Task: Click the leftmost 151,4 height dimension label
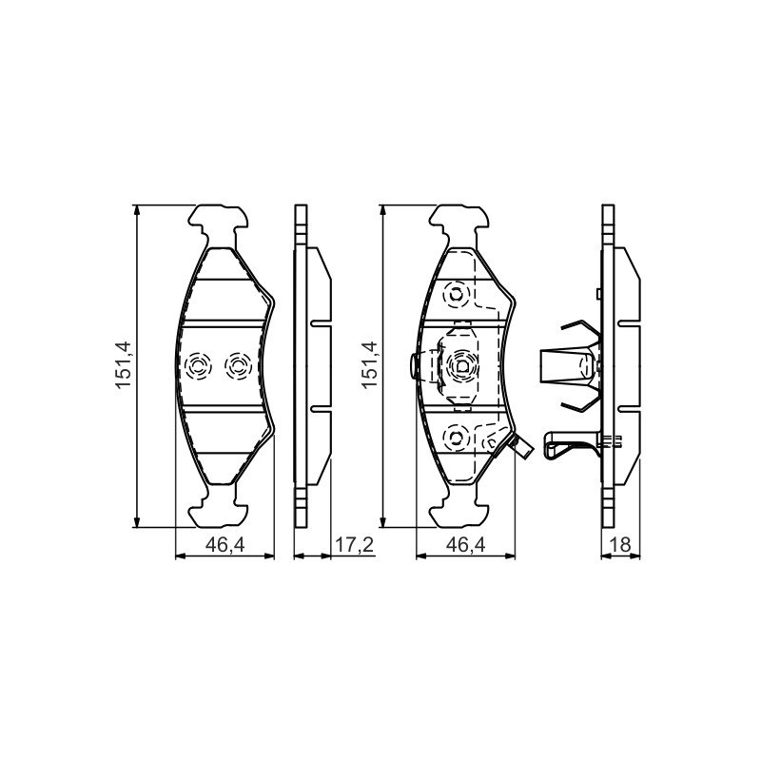[x=125, y=364]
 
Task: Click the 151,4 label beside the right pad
[x=369, y=364]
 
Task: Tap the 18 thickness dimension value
[x=622, y=544]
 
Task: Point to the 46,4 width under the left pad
[x=225, y=544]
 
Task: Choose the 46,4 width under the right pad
[x=466, y=544]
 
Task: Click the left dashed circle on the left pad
[x=199, y=365]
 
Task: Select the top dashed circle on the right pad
[x=457, y=294]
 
